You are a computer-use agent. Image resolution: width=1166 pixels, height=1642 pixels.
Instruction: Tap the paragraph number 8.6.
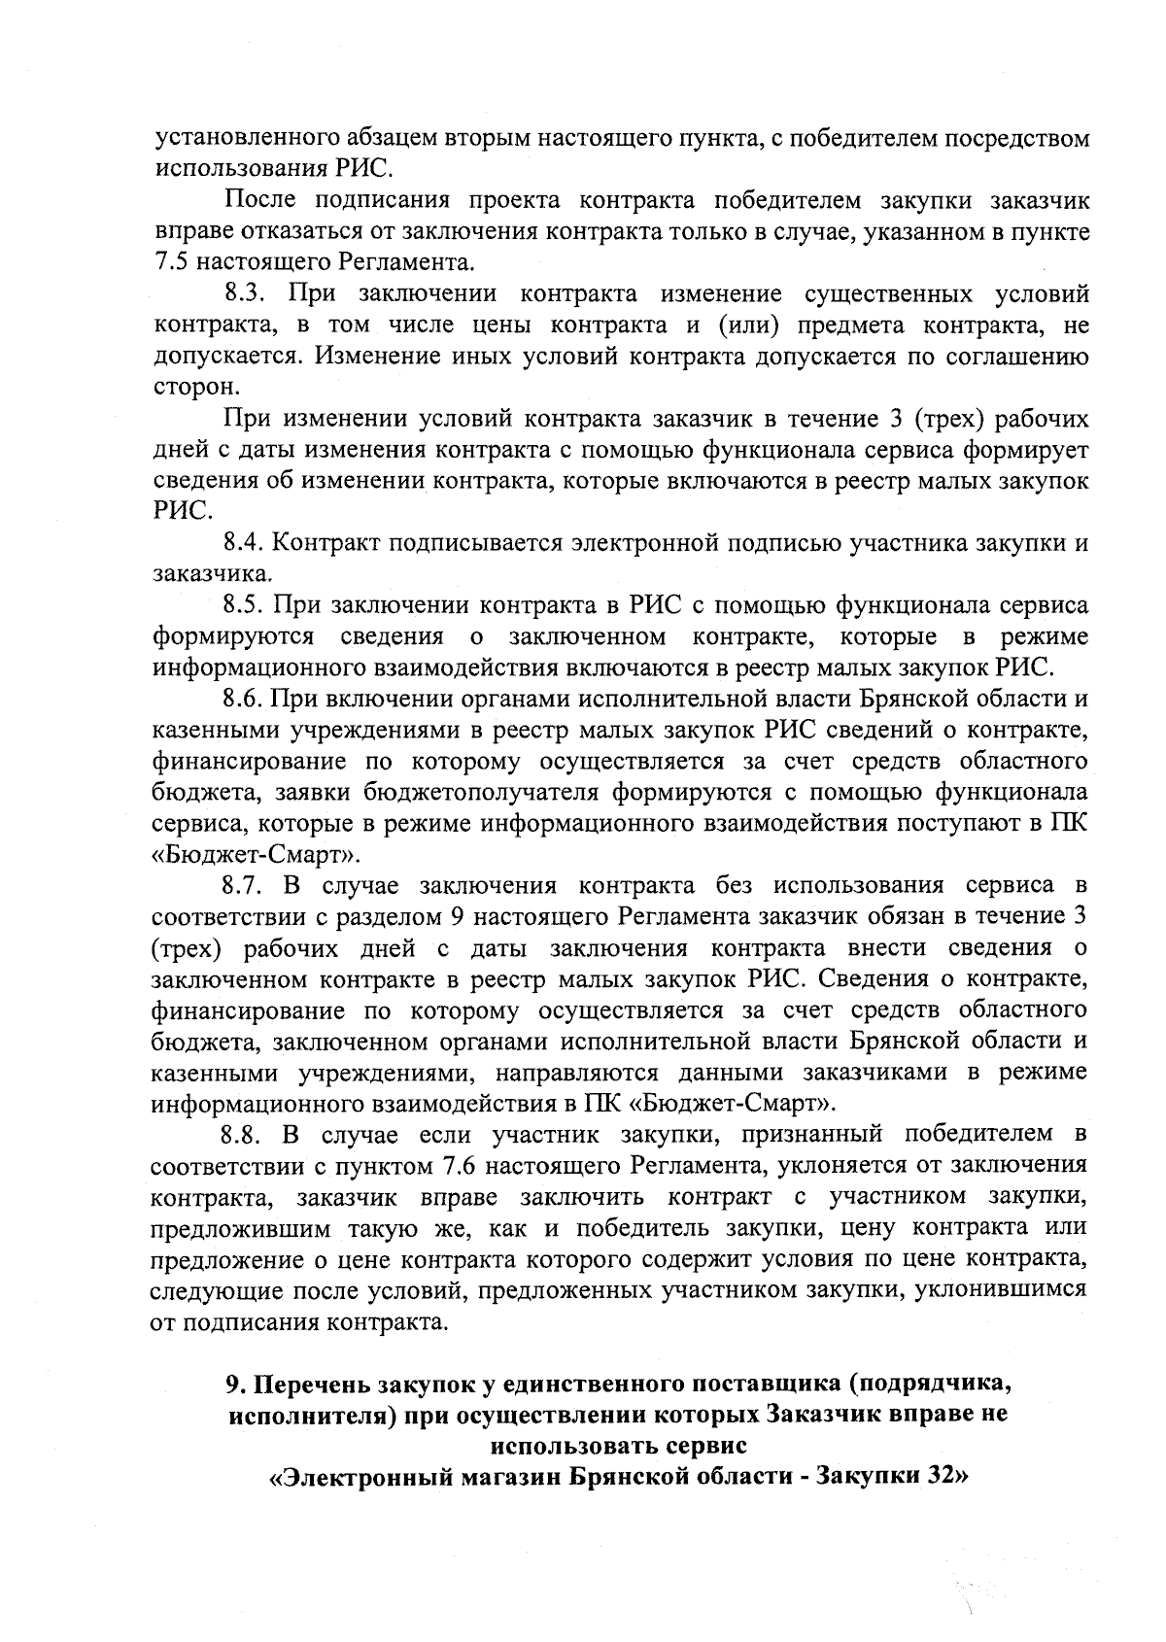coord(245,699)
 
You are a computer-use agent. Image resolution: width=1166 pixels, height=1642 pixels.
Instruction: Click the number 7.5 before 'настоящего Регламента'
coord(172,262)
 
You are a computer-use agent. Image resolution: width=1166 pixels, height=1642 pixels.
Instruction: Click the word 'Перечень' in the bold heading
coord(311,1383)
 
